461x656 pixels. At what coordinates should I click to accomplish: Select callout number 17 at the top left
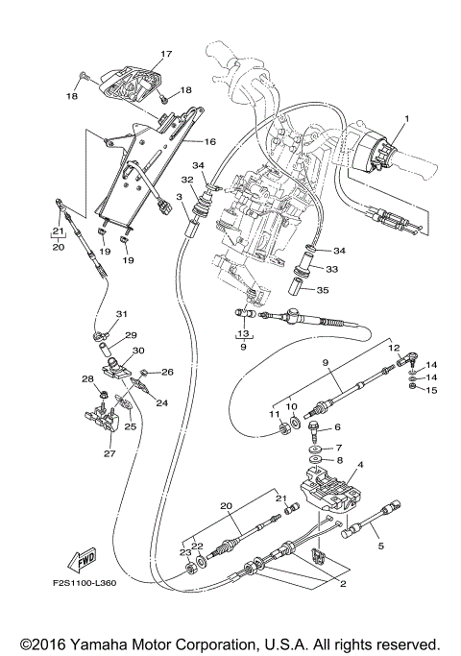click(165, 54)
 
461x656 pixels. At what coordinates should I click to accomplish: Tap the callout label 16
click(209, 141)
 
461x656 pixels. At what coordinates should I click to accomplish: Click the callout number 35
click(322, 290)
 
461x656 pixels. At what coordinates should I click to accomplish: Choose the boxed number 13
click(244, 335)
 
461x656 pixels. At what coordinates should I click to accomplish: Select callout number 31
click(121, 314)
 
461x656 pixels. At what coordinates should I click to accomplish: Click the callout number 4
click(360, 467)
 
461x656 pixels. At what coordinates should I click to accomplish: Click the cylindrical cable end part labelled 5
click(369, 519)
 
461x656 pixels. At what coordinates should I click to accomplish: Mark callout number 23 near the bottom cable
click(184, 552)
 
